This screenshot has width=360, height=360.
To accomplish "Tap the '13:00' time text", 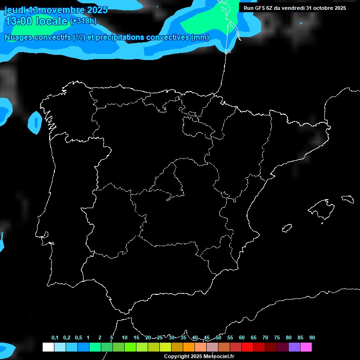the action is [x=18, y=21].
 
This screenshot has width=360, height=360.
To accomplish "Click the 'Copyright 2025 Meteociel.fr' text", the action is [x=199, y=357].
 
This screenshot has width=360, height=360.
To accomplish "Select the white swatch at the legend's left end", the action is [x=48, y=347].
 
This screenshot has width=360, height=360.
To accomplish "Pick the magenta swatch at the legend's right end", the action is [x=306, y=347].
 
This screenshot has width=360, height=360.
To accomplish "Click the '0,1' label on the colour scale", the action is [x=55, y=338].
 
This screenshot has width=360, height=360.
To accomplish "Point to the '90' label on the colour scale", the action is [x=312, y=338].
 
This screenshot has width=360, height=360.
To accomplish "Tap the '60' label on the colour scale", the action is [x=242, y=338].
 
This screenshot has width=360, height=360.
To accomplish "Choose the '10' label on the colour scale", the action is [x=125, y=338].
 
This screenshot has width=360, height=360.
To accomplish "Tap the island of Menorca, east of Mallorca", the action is [x=347, y=199].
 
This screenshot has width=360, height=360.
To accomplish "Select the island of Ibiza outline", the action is [x=287, y=228].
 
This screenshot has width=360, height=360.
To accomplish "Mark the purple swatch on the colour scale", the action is [x=294, y=347].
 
